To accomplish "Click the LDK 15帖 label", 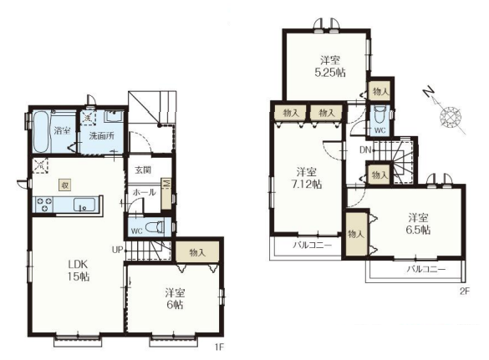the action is (x=79, y=271).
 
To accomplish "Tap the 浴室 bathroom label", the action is (x=62, y=130).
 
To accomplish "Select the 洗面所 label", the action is (x=102, y=136).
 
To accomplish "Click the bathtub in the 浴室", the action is (x=41, y=132).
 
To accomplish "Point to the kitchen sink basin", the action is (x=84, y=205).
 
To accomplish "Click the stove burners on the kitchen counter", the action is (x=44, y=205).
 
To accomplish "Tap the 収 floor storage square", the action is (x=65, y=185).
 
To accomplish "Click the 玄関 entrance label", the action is (x=143, y=170).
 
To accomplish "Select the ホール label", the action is (x=145, y=192).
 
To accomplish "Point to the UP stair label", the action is (x=117, y=250).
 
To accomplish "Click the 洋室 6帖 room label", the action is (x=175, y=298).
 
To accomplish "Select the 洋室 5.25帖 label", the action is (x=330, y=66).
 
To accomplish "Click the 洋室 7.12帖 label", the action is (x=306, y=178).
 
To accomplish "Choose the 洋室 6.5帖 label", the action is (x=418, y=224).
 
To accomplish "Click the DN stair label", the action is (x=365, y=150).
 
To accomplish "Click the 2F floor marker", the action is (x=465, y=292).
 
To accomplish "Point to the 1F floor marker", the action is (x=220, y=347).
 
